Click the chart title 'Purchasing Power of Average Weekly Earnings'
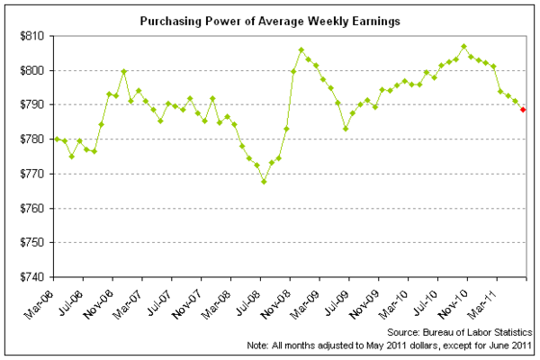(270, 18)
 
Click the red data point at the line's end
(523, 110)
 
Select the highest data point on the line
(463, 46)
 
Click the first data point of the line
(57, 139)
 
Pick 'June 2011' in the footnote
(512, 346)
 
